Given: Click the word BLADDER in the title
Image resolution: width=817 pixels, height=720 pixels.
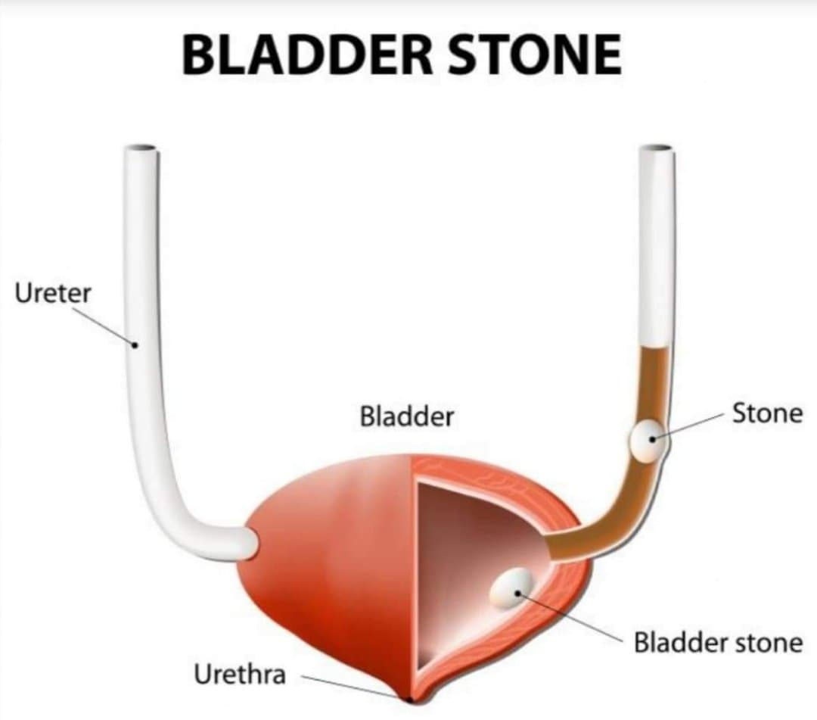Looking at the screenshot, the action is click(x=307, y=55).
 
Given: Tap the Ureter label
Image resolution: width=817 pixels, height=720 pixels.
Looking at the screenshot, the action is click(x=53, y=293).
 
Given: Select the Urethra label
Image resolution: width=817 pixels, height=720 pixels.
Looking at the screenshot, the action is click(x=240, y=674).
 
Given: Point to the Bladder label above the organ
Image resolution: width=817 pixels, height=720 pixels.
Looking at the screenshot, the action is click(x=406, y=416).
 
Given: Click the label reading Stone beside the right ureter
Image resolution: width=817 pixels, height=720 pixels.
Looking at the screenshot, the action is click(x=768, y=413).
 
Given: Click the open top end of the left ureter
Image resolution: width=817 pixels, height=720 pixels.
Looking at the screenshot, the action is click(x=141, y=148).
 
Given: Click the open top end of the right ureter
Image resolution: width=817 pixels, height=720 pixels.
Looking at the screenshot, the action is click(x=657, y=148).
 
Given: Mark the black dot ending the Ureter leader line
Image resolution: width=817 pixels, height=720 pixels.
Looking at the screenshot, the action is click(x=135, y=344).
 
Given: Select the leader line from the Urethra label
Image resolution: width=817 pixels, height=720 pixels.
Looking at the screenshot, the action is click(x=349, y=687).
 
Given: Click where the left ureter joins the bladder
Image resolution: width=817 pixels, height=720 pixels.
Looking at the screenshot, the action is click(x=249, y=544).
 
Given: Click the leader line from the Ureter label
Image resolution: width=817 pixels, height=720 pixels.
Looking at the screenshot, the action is click(x=104, y=327).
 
